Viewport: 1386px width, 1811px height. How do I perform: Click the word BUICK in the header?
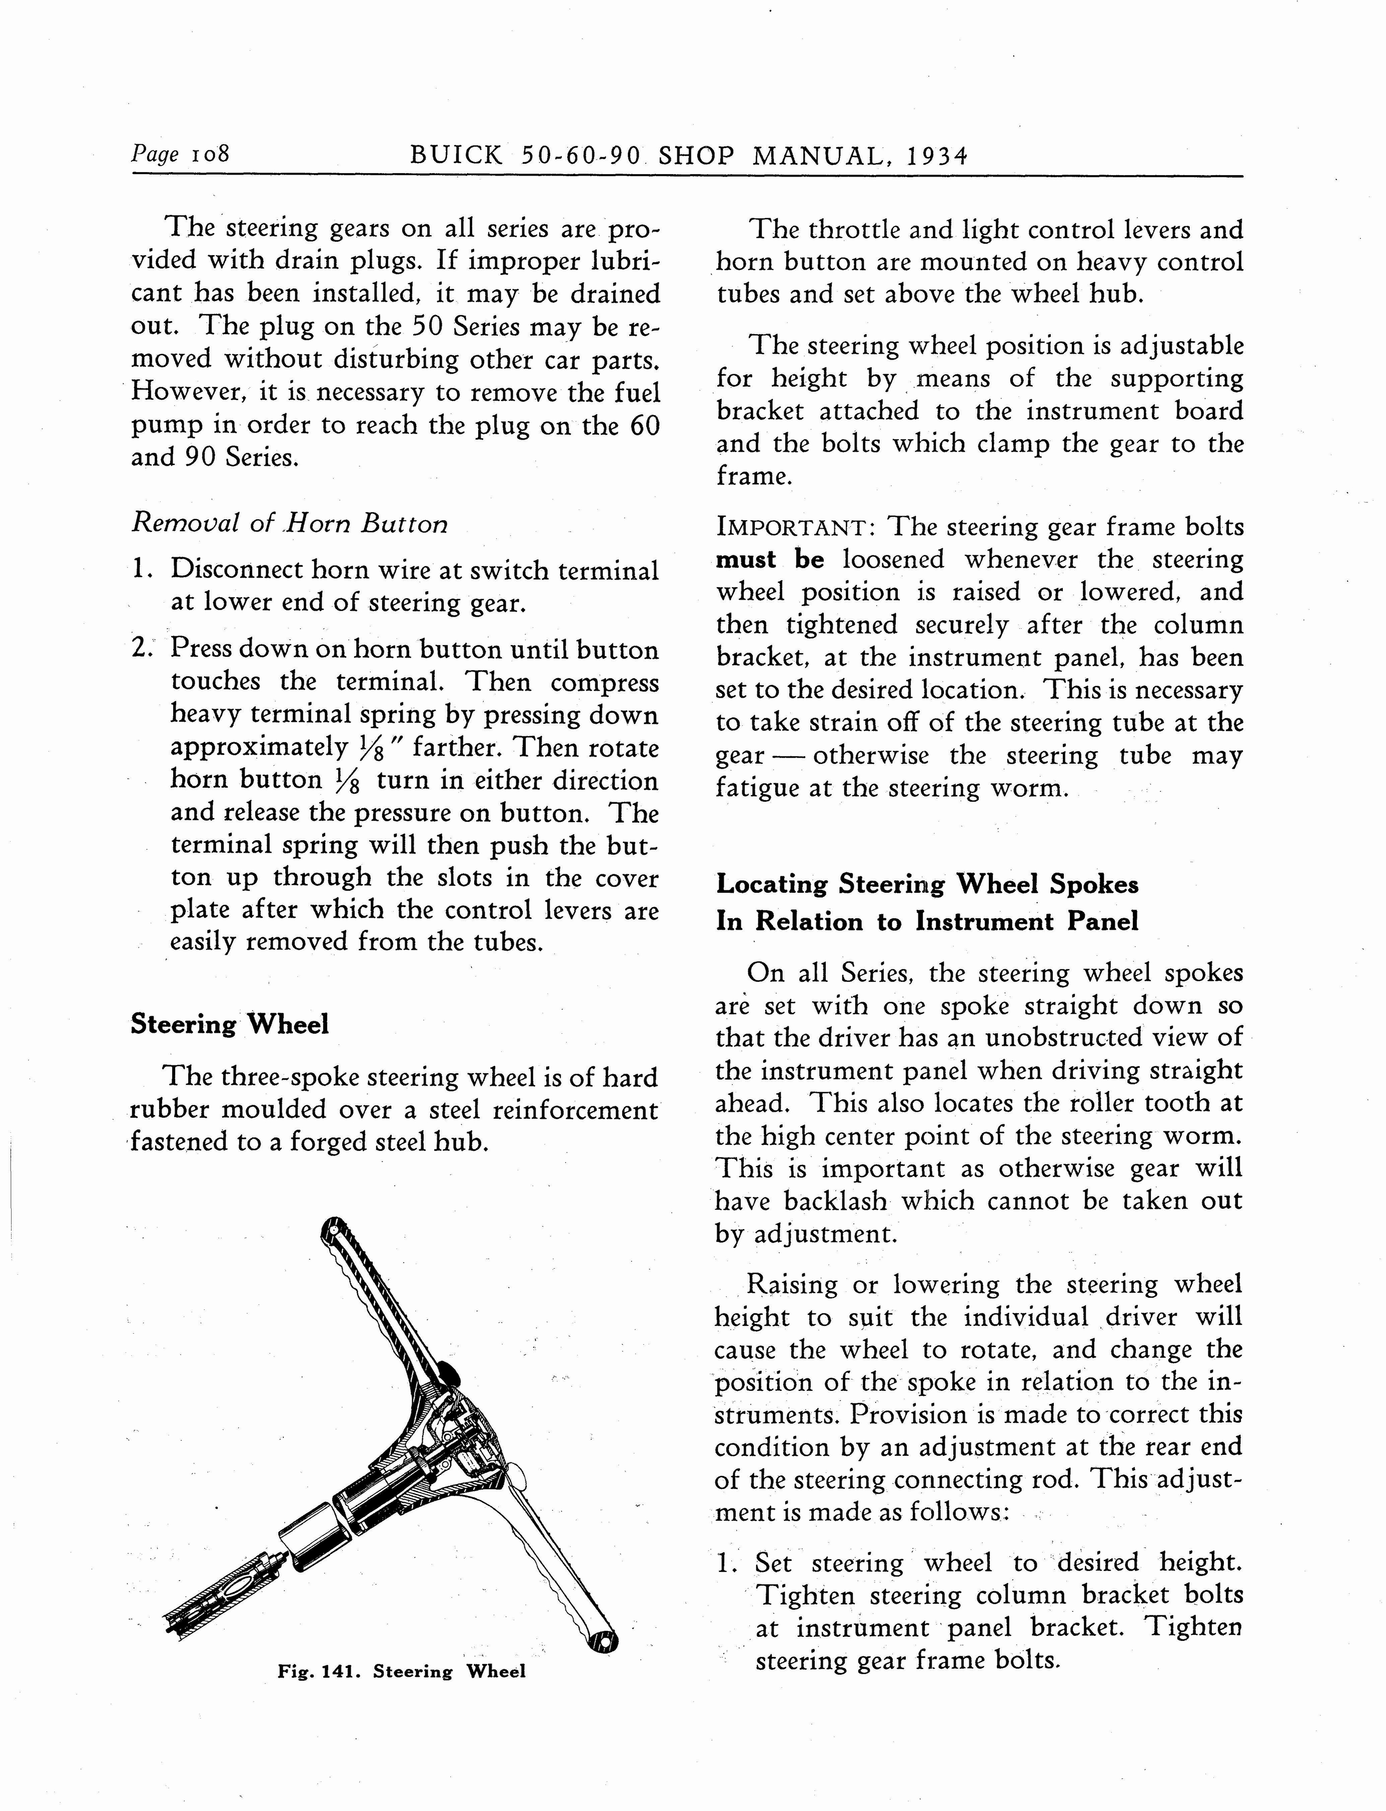click(x=455, y=156)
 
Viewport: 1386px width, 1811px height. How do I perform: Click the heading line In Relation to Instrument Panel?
click(x=927, y=921)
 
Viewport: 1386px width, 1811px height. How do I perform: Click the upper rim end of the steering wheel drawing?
click(x=333, y=1229)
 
